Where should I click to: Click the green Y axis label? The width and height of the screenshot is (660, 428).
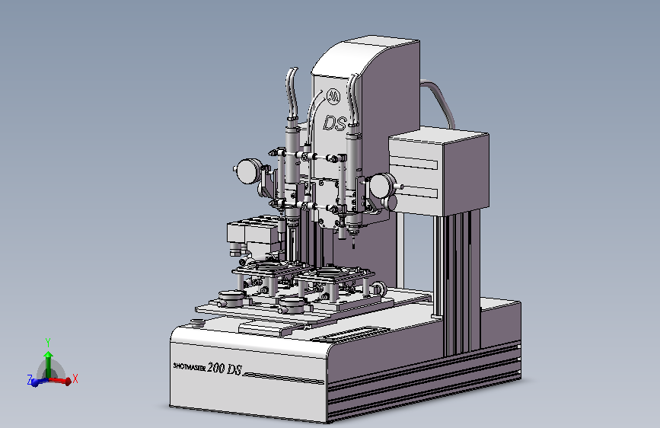click(x=48, y=342)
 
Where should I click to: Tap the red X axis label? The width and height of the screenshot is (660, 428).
click(x=75, y=378)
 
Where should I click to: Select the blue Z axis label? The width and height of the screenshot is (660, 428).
click(x=30, y=379)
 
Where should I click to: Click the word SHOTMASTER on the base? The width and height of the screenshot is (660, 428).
click(x=190, y=367)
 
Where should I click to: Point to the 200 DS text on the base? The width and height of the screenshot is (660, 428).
click(x=225, y=369)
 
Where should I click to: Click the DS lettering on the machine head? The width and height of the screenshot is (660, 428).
click(x=335, y=123)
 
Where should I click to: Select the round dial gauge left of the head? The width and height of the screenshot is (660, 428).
click(x=247, y=171)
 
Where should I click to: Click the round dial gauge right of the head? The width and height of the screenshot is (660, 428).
click(x=384, y=187)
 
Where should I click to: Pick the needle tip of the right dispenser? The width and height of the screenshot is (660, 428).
click(x=353, y=248)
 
